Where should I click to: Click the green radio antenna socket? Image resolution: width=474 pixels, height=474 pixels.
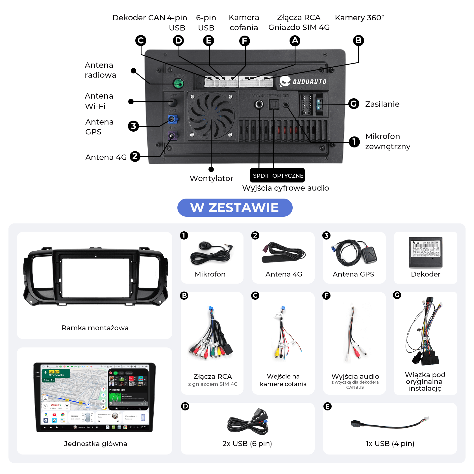click(179, 83)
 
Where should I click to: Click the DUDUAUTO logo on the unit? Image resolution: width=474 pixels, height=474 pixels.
click(303, 81)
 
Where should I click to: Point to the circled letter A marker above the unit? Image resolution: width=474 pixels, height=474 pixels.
click(295, 41)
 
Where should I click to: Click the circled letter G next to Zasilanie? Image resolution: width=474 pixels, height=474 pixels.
click(354, 104)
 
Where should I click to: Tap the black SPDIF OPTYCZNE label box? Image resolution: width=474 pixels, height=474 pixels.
click(278, 175)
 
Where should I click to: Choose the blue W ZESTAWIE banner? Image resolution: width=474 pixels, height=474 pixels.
click(235, 208)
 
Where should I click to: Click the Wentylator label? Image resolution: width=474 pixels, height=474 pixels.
click(211, 178)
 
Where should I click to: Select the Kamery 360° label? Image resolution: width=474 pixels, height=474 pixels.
click(359, 18)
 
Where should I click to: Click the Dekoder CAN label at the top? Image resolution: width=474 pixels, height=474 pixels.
click(139, 18)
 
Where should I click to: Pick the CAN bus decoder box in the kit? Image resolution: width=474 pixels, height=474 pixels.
click(425, 252)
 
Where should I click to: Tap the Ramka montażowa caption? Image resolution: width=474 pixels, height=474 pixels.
click(95, 328)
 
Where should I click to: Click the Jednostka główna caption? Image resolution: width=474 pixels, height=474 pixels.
click(95, 443)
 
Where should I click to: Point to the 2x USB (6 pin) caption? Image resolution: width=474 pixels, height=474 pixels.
click(247, 443)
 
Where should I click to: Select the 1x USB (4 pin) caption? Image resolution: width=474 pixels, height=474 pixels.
click(390, 443)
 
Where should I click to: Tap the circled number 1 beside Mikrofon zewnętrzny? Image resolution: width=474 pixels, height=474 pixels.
click(354, 142)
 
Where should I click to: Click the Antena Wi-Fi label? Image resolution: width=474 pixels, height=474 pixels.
click(99, 101)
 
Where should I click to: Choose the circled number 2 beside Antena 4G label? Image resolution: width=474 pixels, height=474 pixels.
click(135, 156)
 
